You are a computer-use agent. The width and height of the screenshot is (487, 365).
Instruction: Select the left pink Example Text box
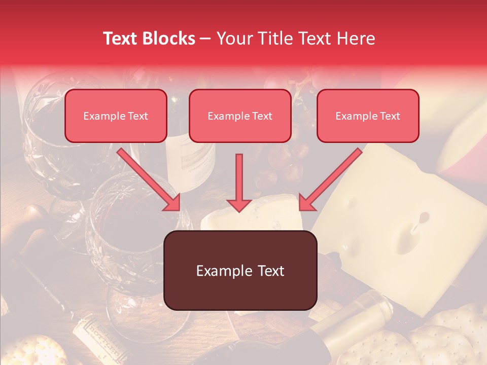point(116,116)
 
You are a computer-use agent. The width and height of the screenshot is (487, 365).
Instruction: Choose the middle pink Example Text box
point(240,116)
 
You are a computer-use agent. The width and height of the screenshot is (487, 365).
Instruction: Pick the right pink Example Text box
point(368,116)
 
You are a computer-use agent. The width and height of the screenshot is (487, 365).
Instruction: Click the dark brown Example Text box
point(240,270)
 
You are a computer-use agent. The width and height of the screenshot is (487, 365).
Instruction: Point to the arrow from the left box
point(150,180)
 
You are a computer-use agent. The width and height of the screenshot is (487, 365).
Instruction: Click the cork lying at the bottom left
point(96,337)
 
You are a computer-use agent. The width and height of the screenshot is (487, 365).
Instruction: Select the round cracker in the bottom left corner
point(28,352)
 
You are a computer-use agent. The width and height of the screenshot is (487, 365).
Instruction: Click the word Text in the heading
point(122,39)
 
